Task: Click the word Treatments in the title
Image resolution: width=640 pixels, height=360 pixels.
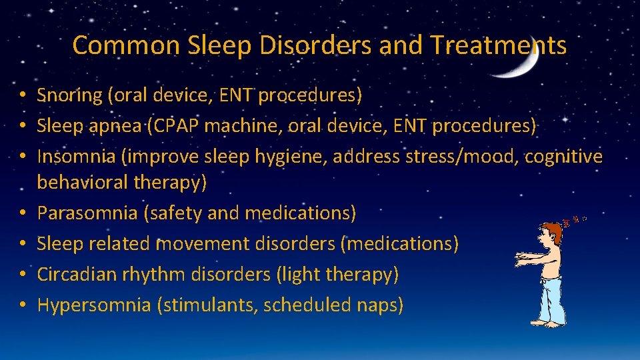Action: coord(498,45)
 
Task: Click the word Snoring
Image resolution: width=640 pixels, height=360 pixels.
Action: coord(69,95)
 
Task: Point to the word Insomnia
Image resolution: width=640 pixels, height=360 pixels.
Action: coord(74,157)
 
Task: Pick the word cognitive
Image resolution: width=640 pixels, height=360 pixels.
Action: coord(563,157)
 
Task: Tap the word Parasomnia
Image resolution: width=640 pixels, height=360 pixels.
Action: coord(89,213)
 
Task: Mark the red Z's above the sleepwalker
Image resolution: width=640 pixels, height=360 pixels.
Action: coord(573,219)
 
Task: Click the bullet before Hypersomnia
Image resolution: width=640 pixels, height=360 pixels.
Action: coord(23,305)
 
